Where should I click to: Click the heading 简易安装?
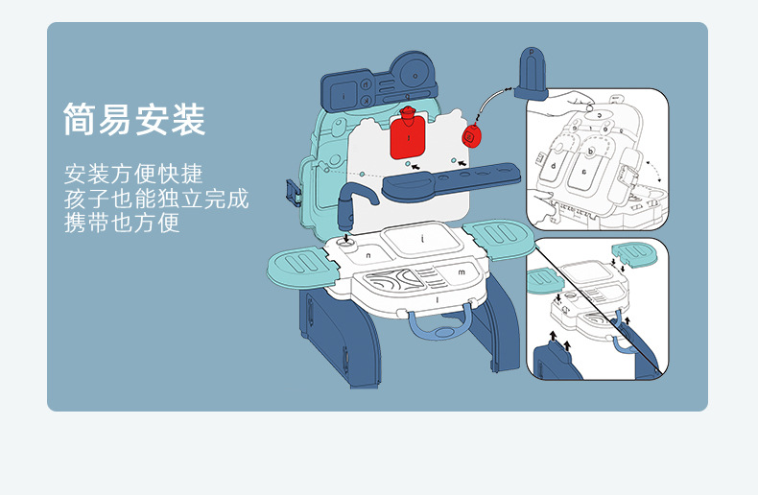tap(134, 119)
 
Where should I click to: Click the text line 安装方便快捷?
tap(133, 174)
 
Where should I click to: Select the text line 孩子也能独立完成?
tap(156, 199)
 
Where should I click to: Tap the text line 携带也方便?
tap(122, 223)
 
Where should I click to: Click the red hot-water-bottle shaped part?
tap(408, 133)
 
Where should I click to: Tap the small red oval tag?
tap(470, 135)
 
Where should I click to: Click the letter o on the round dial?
tap(415, 76)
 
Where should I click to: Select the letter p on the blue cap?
tap(532, 51)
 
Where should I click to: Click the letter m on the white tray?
tap(462, 272)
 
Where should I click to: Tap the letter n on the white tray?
tap(368, 255)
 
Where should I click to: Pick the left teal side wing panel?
tap(298, 268)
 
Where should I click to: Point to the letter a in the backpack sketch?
tap(584, 172)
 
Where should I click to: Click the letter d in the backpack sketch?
tap(554, 166)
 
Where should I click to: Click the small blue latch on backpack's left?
tap(294, 192)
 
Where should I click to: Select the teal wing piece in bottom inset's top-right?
tap(635, 254)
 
